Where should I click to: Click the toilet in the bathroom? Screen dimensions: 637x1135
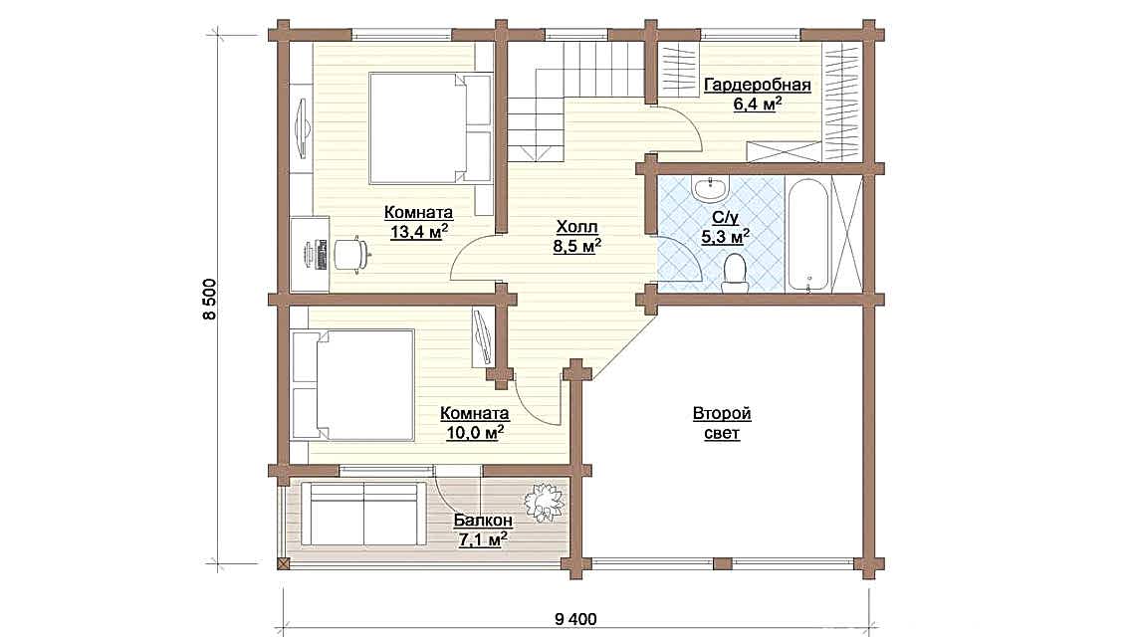point(736,272)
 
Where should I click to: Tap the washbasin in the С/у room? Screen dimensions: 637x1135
point(714,186)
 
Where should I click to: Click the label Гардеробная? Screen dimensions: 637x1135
point(757,85)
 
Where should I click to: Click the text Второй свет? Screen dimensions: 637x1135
point(721,424)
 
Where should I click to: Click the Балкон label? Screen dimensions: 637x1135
point(483,521)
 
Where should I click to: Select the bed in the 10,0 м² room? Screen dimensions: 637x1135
point(353,386)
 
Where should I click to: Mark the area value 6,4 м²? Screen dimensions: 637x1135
point(757,104)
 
